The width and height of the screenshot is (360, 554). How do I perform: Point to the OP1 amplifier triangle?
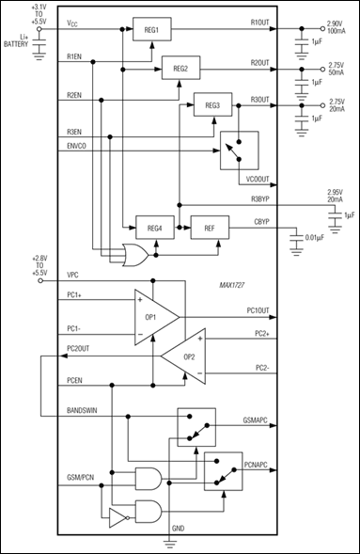pyautogui.click(x=155, y=315)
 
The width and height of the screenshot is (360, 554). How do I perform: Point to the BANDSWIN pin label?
pyautogui.click(x=86, y=410)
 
